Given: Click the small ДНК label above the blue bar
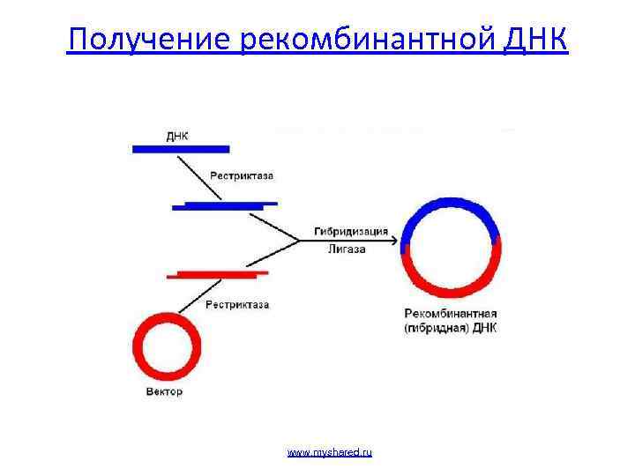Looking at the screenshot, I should [x=177, y=137].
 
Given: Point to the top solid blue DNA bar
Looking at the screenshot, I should [x=181, y=149].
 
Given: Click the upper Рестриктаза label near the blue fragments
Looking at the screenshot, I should [x=241, y=175].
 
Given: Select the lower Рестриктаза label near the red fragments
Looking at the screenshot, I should [x=236, y=305].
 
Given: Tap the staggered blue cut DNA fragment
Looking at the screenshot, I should [x=224, y=205].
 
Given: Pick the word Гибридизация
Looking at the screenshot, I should [x=351, y=233].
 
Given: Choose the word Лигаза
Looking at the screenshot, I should [x=347, y=249].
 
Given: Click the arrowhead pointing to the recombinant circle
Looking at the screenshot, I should [x=394, y=241].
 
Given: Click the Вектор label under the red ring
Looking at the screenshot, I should [x=163, y=391].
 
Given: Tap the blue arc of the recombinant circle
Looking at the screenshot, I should [x=451, y=207].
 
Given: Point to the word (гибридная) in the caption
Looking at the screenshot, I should [x=437, y=328].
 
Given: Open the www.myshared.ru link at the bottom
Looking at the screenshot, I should [x=330, y=452].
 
